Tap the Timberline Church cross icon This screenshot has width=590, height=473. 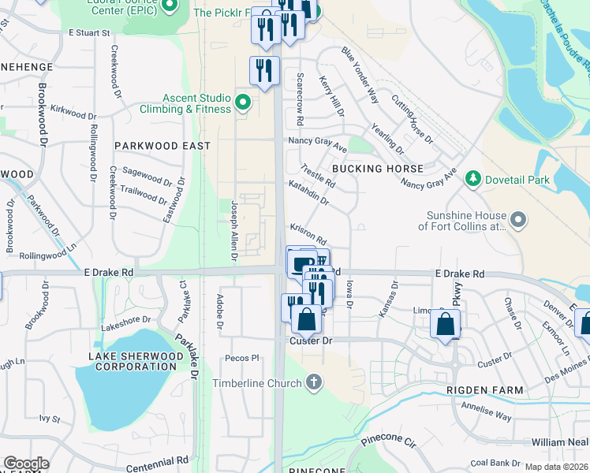pyautogui.click(x=314, y=384)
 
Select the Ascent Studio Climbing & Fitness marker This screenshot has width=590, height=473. pyautogui.click(x=243, y=102)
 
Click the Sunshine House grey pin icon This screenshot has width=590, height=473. pyautogui.click(x=517, y=220)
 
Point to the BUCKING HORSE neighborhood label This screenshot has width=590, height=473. pyautogui.click(x=377, y=169)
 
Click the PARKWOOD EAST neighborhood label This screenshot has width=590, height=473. pyautogui.click(x=162, y=146)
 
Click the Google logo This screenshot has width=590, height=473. pyautogui.click(x=26, y=464)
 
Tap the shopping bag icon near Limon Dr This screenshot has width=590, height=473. pyautogui.click(x=446, y=324)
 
